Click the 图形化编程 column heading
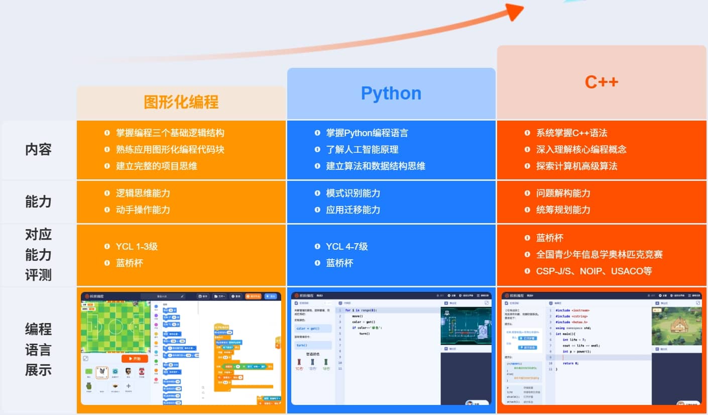pyautogui.click(x=181, y=102)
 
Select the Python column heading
pyautogui.click(x=391, y=93)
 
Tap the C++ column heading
pyautogui.click(x=602, y=82)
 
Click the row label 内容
pyautogui.click(x=39, y=150)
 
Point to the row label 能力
pyautogui.click(x=39, y=201)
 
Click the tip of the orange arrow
pyautogui.click(x=522, y=8)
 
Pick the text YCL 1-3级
pyautogui.click(x=137, y=247)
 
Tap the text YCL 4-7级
pyautogui.click(x=346, y=247)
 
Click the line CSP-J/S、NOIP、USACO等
pyautogui.click(x=594, y=271)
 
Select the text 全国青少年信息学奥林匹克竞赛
pyautogui.click(x=600, y=255)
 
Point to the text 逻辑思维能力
pyautogui.click(x=143, y=193)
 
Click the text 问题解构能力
pyautogui.click(x=563, y=193)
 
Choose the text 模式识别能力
pyautogui.click(x=353, y=193)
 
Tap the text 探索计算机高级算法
pyautogui.click(x=576, y=166)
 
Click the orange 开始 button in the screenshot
pyautogui.click(x=135, y=359)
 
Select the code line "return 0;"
pyautogui.click(x=570, y=363)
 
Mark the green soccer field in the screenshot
pyautogui.click(x=115, y=326)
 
